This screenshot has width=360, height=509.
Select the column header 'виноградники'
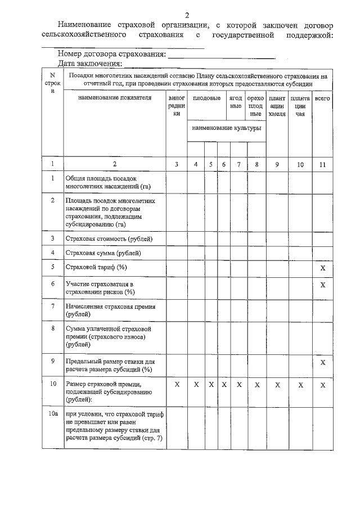pos(177,106)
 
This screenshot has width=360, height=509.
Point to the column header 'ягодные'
pos(236,102)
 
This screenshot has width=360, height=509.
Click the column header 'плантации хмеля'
pos(277,106)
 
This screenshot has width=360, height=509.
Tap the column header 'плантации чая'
pos(300,106)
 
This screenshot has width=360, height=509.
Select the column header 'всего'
pos(322,98)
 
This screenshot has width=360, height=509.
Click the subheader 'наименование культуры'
pos(226,128)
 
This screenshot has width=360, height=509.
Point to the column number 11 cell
pos(322,164)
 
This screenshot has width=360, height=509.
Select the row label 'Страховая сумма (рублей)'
pos(103,253)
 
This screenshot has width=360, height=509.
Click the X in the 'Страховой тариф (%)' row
pos(323,267)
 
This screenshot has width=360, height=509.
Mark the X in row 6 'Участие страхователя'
pos(323,285)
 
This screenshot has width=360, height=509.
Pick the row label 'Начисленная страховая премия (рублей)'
pos(110,310)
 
